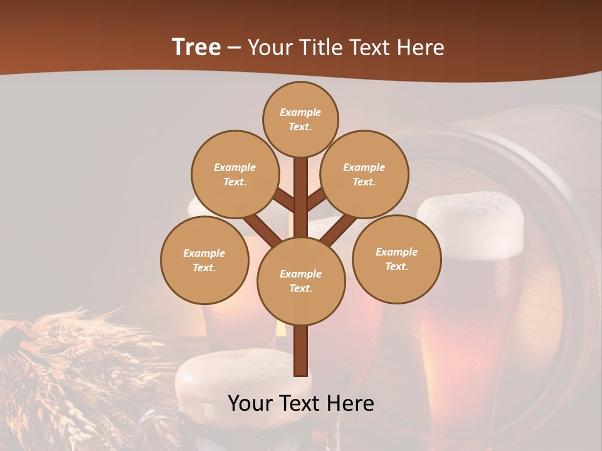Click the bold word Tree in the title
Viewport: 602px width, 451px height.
pos(196,47)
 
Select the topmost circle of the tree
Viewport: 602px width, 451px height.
pos(300,119)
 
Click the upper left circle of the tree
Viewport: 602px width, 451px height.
pos(235,174)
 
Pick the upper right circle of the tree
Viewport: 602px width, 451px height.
pos(364,174)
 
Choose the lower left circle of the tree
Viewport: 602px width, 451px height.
pos(204,260)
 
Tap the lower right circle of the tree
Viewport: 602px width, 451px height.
pos(397,259)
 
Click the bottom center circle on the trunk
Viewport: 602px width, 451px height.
pos(301,281)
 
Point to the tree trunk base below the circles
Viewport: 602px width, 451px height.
pos(301,351)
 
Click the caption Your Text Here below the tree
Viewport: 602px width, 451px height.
pos(301,403)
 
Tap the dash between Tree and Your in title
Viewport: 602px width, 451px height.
pos(235,48)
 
